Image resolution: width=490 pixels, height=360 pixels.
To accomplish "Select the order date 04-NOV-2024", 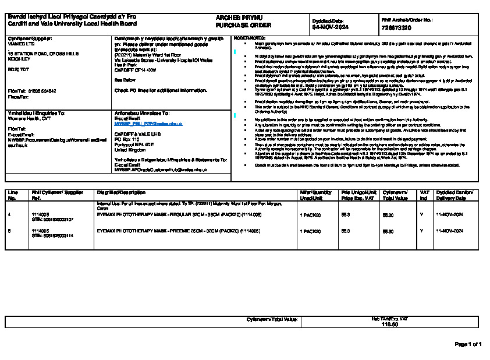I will pyautogui.click(x=330, y=27).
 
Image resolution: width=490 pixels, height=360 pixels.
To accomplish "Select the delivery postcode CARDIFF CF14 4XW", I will pyautogui.click(x=136, y=69).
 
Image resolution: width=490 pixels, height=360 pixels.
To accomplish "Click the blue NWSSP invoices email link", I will pyautogui.click(x=148, y=124).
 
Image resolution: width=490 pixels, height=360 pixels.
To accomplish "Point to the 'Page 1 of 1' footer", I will pyautogui.click(x=468, y=344).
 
